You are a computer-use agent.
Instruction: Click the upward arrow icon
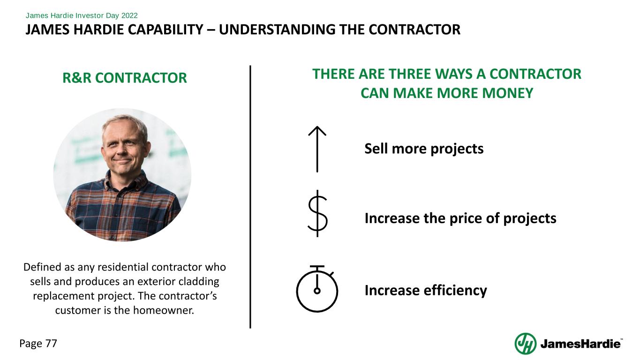(317, 149)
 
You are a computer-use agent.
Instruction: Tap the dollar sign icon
(317, 214)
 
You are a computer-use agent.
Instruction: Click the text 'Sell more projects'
(424, 149)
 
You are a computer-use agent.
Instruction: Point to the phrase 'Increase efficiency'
(426, 291)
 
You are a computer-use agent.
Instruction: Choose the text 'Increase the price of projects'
(460, 218)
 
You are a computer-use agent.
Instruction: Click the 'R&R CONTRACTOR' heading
(125, 78)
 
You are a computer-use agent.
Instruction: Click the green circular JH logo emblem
(526, 344)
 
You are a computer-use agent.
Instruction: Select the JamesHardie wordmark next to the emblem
(581, 345)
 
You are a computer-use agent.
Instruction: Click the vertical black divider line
(250, 197)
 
